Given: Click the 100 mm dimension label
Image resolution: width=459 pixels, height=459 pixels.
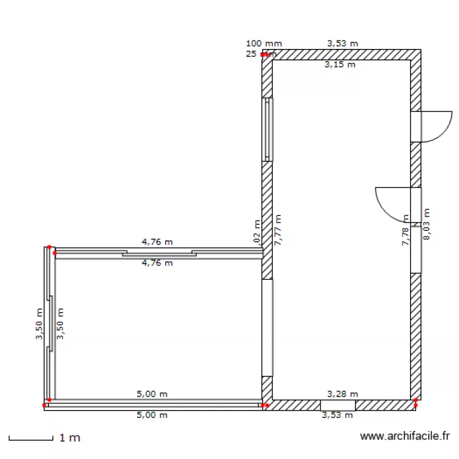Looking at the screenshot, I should (x=264, y=43).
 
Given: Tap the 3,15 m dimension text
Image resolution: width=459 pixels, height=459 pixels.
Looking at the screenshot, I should (x=340, y=64).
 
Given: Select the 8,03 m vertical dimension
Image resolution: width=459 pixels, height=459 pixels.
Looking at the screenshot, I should (x=427, y=224).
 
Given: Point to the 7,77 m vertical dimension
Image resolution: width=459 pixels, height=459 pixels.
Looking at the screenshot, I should (x=278, y=229).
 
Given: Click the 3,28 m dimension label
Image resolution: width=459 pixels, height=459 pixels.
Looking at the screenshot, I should (x=343, y=394).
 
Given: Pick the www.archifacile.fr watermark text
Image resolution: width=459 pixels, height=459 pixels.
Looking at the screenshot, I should (x=405, y=436).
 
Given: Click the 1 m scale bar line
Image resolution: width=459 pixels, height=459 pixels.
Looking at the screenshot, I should (x=31, y=439).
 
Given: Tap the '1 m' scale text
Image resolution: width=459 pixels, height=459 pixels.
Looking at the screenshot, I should (x=70, y=438).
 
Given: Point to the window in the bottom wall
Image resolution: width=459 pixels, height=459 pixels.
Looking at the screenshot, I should (x=338, y=405).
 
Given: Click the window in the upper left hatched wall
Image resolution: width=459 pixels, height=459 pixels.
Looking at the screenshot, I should (x=267, y=129).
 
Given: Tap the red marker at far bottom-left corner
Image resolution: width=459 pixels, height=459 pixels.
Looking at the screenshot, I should (x=44, y=405).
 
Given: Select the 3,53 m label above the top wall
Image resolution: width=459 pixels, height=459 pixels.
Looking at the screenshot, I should (x=343, y=43).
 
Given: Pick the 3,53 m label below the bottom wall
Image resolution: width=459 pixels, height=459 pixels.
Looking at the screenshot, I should (x=338, y=416).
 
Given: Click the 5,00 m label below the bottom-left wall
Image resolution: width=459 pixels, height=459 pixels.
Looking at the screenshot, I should (x=152, y=415).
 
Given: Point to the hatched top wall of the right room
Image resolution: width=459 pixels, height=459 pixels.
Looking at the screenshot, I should (x=343, y=54).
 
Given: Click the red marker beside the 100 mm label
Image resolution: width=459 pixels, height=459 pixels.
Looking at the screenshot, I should (x=264, y=54).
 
